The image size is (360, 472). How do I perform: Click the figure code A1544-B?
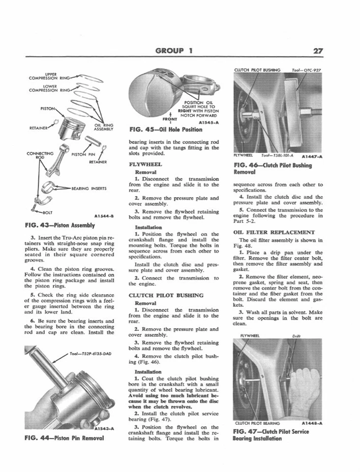(103, 215)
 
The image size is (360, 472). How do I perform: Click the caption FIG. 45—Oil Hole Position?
(165, 130)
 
